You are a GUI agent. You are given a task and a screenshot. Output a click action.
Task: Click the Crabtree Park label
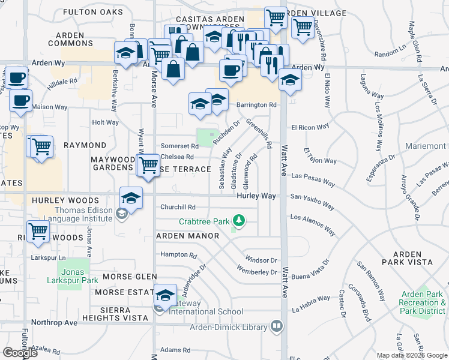[x=203, y=221]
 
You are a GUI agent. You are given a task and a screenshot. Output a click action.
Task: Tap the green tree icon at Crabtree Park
[x=240, y=221]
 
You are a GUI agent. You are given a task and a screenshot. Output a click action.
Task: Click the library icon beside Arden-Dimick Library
[x=277, y=327]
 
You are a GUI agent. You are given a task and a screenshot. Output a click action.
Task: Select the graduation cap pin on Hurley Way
[x=131, y=197]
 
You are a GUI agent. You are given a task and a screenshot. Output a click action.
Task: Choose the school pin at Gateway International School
[x=165, y=295]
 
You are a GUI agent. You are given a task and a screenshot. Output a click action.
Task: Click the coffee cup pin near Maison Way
[x=21, y=101]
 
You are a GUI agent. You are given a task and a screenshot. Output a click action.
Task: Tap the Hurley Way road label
[x=256, y=196]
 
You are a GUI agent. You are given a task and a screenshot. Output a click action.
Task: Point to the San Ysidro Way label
[x=312, y=201]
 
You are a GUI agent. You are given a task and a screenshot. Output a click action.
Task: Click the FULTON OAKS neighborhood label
[x=89, y=12]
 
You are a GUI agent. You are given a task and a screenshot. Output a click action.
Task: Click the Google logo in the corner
[x=20, y=353]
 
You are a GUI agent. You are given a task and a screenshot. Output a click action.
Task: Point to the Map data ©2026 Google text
[x=411, y=355]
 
